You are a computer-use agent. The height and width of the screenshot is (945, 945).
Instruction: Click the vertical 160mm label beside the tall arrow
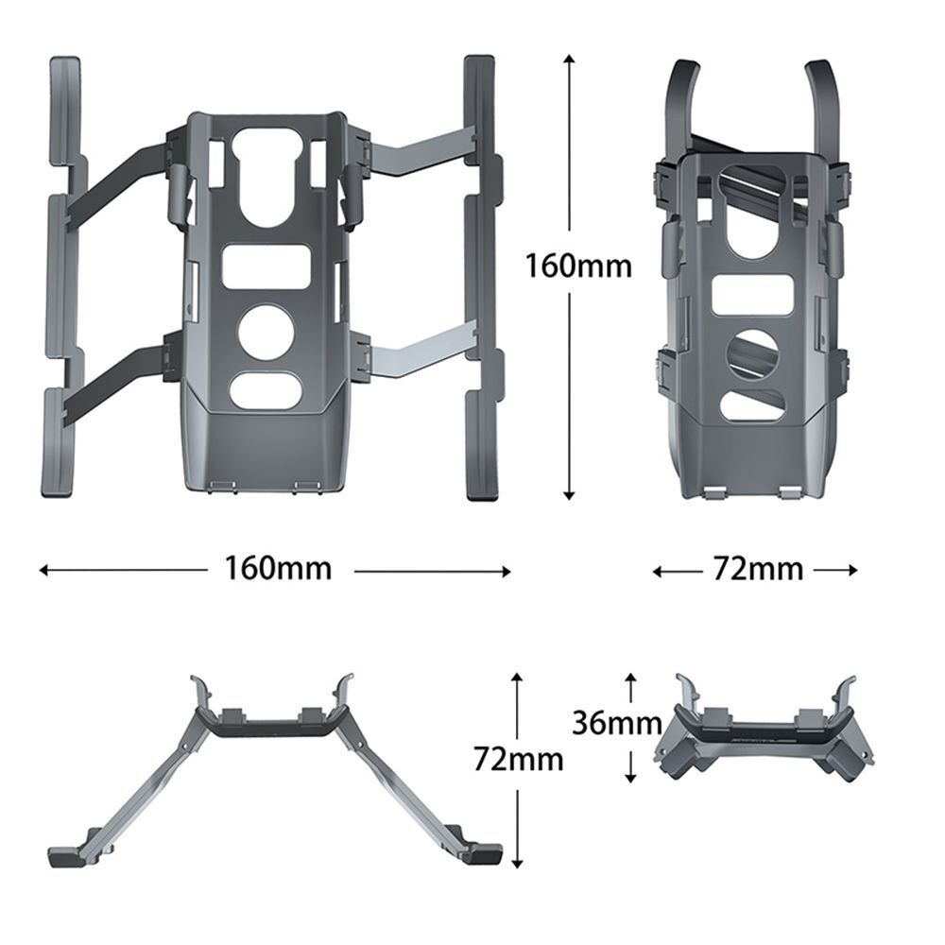coord(578,266)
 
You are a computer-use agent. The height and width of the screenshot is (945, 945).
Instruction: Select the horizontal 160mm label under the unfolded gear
coord(278,569)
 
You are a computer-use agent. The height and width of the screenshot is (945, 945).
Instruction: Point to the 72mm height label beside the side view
coord(519,758)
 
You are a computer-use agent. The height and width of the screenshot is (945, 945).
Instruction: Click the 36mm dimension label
coord(616,724)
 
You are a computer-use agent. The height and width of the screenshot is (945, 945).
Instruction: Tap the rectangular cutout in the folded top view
coord(754,295)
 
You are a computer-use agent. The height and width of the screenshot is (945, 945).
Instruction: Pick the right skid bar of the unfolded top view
coord(480,274)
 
